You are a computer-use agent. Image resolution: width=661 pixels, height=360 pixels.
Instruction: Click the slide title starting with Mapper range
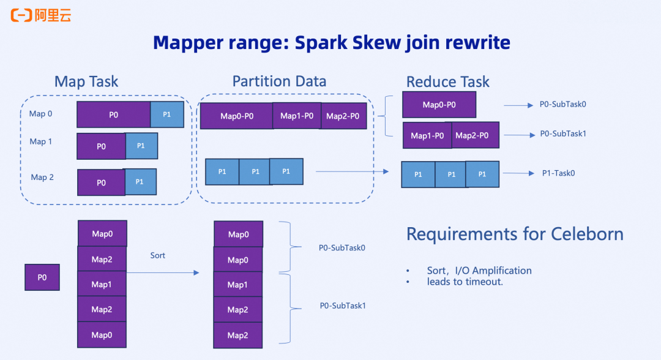pos(331,43)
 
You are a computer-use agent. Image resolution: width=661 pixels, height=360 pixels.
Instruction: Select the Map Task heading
pos(86,82)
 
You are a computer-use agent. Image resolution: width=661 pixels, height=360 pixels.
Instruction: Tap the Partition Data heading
pos(279,81)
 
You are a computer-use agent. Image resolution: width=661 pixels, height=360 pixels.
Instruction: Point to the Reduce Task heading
pos(448,82)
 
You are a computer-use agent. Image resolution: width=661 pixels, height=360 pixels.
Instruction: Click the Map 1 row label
pos(41,141)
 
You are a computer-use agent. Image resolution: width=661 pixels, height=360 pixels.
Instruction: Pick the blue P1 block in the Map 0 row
pos(167,114)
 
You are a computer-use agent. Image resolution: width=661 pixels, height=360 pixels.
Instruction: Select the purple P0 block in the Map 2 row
pos(101,182)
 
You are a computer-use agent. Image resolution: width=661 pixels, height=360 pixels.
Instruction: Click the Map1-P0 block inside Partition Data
pos(297,116)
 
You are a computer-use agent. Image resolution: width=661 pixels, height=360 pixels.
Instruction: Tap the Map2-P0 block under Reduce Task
pos(476,135)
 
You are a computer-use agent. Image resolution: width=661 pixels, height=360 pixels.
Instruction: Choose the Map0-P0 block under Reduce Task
pos(439,105)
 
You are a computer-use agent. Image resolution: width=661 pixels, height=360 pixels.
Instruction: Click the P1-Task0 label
pos(558,173)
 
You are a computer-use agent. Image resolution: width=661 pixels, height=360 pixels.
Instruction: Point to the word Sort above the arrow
pos(158,255)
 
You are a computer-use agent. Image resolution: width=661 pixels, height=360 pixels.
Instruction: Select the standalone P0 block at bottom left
pos(42,277)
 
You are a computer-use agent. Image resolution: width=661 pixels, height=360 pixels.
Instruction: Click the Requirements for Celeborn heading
pos(515,234)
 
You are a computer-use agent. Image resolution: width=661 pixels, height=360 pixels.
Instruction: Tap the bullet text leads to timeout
pos(465,282)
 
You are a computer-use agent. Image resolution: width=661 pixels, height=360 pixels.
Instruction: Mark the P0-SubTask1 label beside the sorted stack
pos(342,306)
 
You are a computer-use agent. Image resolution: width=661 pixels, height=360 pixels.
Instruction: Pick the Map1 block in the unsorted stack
pos(102,284)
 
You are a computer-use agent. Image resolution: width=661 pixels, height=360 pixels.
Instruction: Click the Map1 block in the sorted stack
pos(237,285)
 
